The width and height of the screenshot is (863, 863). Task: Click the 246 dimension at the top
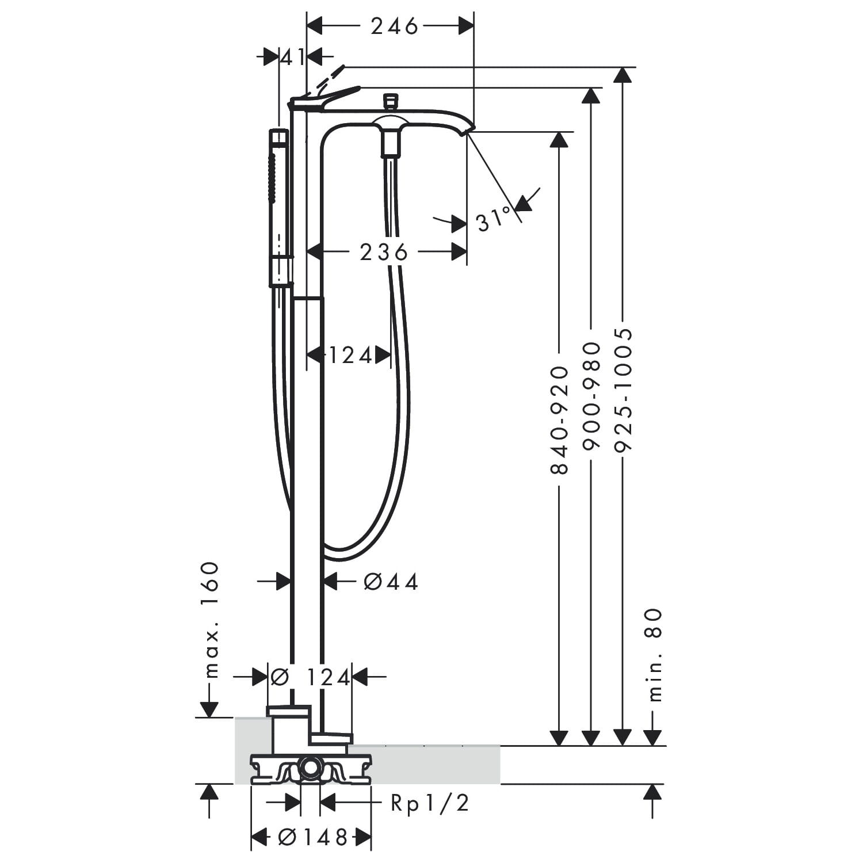(x=394, y=26)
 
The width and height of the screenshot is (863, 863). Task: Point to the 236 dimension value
(x=384, y=252)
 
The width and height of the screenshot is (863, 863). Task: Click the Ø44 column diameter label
(x=391, y=582)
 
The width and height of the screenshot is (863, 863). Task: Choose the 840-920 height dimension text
(x=559, y=420)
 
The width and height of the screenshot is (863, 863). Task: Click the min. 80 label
(x=655, y=656)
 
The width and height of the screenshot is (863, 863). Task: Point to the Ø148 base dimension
(x=314, y=837)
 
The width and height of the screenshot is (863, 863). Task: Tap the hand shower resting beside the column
(x=278, y=207)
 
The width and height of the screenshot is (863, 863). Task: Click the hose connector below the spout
(x=391, y=143)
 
